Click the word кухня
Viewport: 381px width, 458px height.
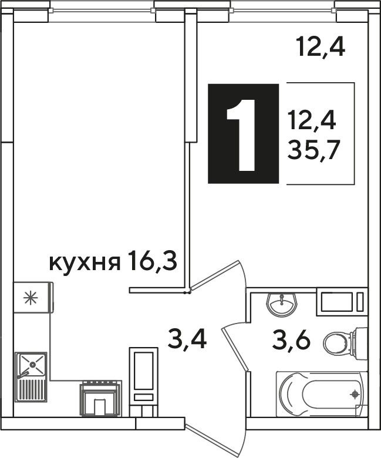pyautogui.click(x=85, y=264)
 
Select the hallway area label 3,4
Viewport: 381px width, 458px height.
pyautogui.click(x=187, y=339)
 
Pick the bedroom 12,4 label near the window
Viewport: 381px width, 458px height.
pyautogui.click(x=321, y=48)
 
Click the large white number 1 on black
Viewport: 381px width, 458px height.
pyautogui.click(x=242, y=134)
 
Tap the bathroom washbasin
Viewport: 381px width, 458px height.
pyautogui.click(x=282, y=305)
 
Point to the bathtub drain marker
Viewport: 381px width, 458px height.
pyautogui.click(x=355, y=395)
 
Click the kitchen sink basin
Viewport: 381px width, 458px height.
pyautogui.click(x=31, y=364)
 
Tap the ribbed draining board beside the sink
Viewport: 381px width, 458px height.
pyautogui.click(x=32, y=390)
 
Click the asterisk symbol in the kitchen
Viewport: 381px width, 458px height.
pyautogui.click(x=31, y=298)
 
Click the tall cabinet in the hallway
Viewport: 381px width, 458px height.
pyautogui.click(x=143, y=382)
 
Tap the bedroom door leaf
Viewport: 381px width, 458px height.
pyautogui.click(x=217, y=275)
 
